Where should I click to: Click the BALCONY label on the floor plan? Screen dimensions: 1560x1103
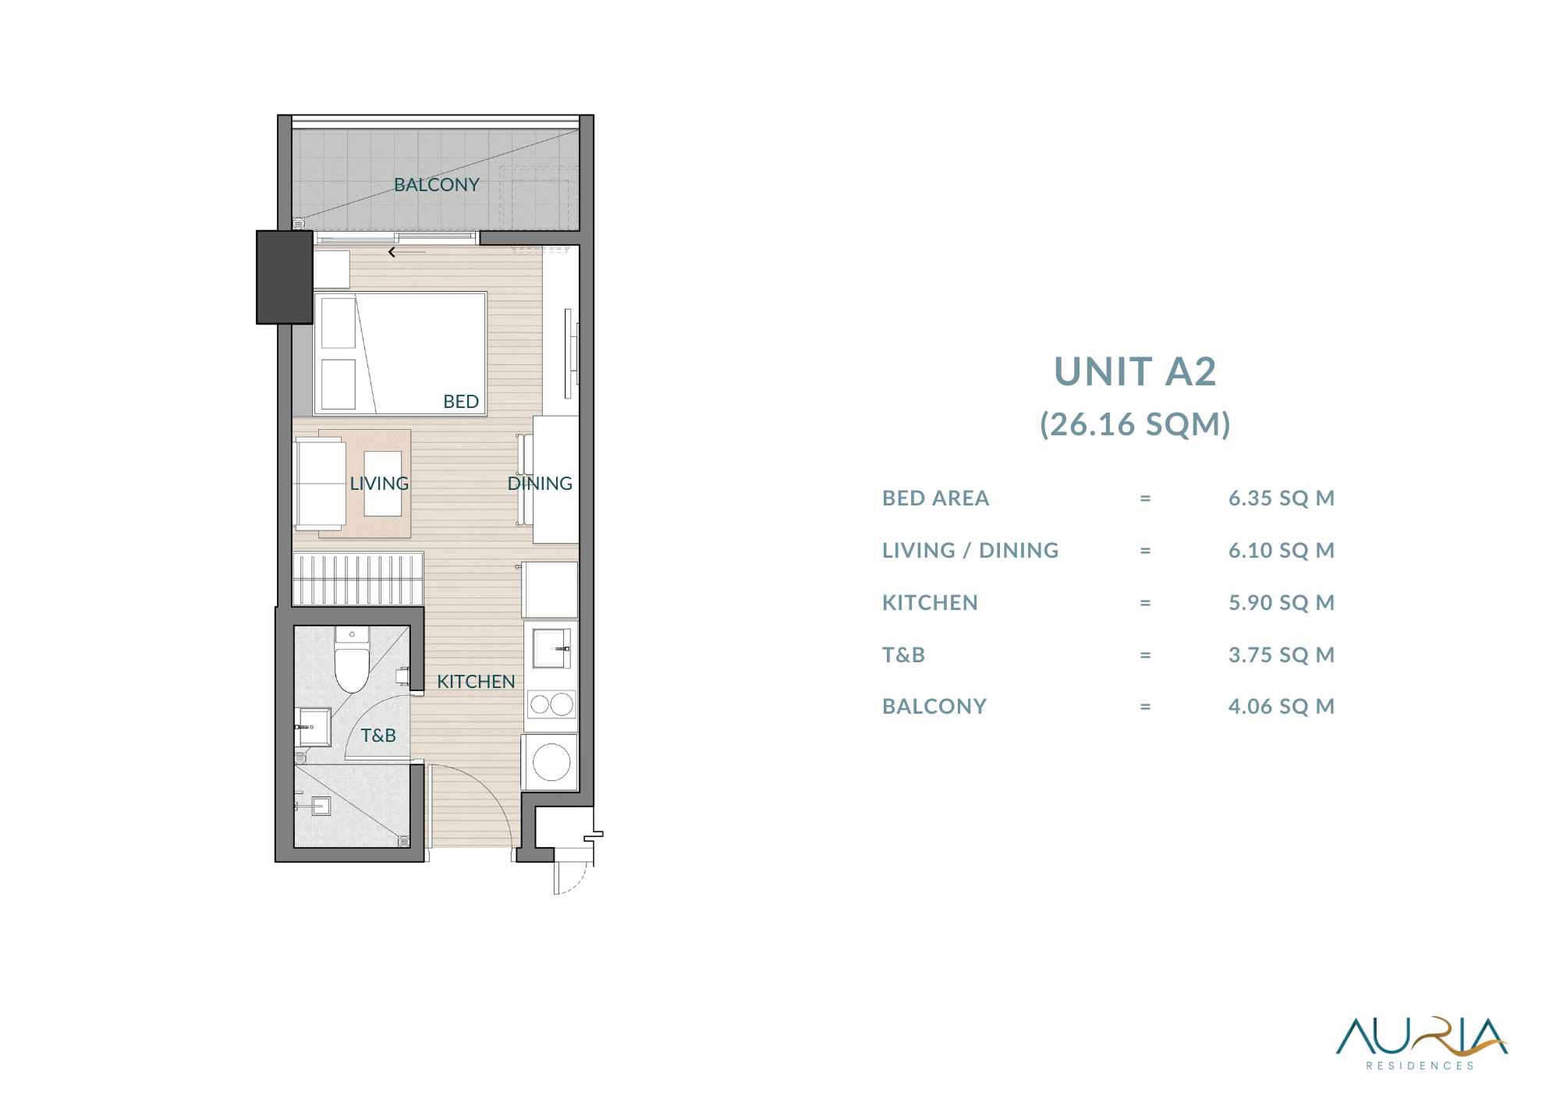click(x=436, y=185)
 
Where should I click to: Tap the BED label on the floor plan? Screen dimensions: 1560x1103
click(x=461, y=402)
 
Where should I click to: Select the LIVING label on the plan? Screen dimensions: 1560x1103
click(x=379, y=484)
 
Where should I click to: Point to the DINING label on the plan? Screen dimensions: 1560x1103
click(x=540, y=484)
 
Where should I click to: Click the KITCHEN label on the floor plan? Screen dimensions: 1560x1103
click(x=476, y=682)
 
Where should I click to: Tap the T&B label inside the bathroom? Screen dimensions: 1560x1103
click(x=378, y=736)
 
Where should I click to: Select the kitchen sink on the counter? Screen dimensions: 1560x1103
click(x=551, y=648)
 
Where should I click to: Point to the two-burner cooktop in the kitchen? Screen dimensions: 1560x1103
click(x=551, y=705)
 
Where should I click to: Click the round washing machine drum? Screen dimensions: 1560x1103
click(x=551, y=762)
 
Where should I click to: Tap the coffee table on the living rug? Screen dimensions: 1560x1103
click(x=383, y=484)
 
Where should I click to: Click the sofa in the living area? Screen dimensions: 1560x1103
click(x=320, y=484)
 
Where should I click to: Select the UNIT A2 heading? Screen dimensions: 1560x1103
click(x=1135, y=371)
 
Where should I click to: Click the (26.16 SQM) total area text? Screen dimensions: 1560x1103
click(x=1135, y=424)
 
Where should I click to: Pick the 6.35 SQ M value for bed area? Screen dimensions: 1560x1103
click(x=1282, y=498)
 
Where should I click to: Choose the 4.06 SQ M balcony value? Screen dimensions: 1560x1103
click(x=1282, y=707)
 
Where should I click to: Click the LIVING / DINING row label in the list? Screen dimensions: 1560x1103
click(x=970, y=551)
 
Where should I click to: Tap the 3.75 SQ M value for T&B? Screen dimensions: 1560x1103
click(x=1282, y=655)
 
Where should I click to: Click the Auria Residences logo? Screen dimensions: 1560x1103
click(x=1421, y=1044)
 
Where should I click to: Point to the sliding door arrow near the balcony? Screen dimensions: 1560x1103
click(x=407, y=252)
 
